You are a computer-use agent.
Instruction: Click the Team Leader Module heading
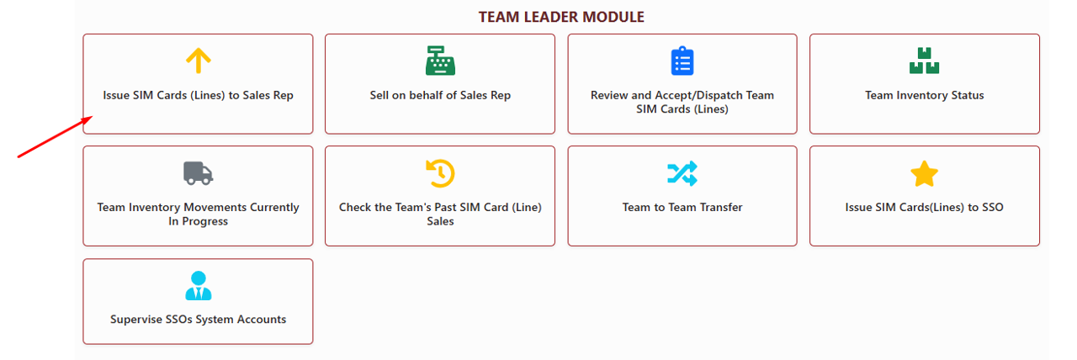pyautogui.click(x=561, y=17)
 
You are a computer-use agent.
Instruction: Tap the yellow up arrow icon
pyautogui.click(x=198, y=61)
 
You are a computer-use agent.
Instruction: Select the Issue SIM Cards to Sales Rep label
pyautogui.click(x=198, y=95)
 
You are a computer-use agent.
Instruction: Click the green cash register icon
pyautogui.click(x=440, y=61)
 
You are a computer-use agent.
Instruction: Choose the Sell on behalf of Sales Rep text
pyautogui.click(x=440, y=95)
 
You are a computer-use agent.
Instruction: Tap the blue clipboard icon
pyautogui.click(x=682, y=61)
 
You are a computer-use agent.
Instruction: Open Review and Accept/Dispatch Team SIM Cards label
pyautogui.click(x=682, y=102)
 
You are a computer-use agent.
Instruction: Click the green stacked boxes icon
pyautogui.click(x=924, y=61)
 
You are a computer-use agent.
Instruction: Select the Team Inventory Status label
pyautogui.click(x=924, y=95)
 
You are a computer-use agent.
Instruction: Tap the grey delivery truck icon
pyautogui.click(x=198, y=173)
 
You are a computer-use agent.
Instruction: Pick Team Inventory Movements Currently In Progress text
pyautogui.click(x=198, y=214)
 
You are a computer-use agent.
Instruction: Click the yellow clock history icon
pyautogui.click(x=440, y=173)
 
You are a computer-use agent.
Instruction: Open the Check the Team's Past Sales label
pyautogui.click(x=440, y=214)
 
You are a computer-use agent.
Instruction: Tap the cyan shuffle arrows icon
pyautogui.click(x=682, y=173)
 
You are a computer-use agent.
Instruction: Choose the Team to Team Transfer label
pyautogui.click(x=682, y=207)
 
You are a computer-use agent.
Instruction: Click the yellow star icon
pyautogui.click(x=924, y=174)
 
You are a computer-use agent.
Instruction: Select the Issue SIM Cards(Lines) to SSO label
pyautogui.click(x=924, y=207)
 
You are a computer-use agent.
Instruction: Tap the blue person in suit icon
pyautogui.click(x=198, y=286)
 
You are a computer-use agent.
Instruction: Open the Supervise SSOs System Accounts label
pyautogui.click(x=198, y=320)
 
